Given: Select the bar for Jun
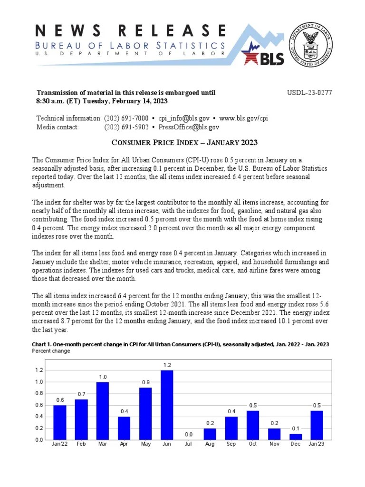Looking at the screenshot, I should pyautogui.click(x=167, y=405).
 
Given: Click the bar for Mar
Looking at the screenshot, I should pyautogui.click(x=103, y=410).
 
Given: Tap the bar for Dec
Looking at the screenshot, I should pyautogui.click(x=296, y=437).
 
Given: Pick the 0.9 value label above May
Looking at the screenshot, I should pyautogui.click(x=145, y=382).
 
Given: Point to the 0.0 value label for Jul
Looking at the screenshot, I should pyautogui.click(x=188, y=434).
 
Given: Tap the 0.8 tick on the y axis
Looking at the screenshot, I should pyautogui.click(x=38, y=393).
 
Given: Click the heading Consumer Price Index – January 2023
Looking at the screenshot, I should pyautogui.click(x=185, y=143).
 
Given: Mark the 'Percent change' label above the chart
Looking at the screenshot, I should pyautogui.click(x=51, y=351).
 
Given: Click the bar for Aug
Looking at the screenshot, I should pyautogui.click(x=210, y=434).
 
